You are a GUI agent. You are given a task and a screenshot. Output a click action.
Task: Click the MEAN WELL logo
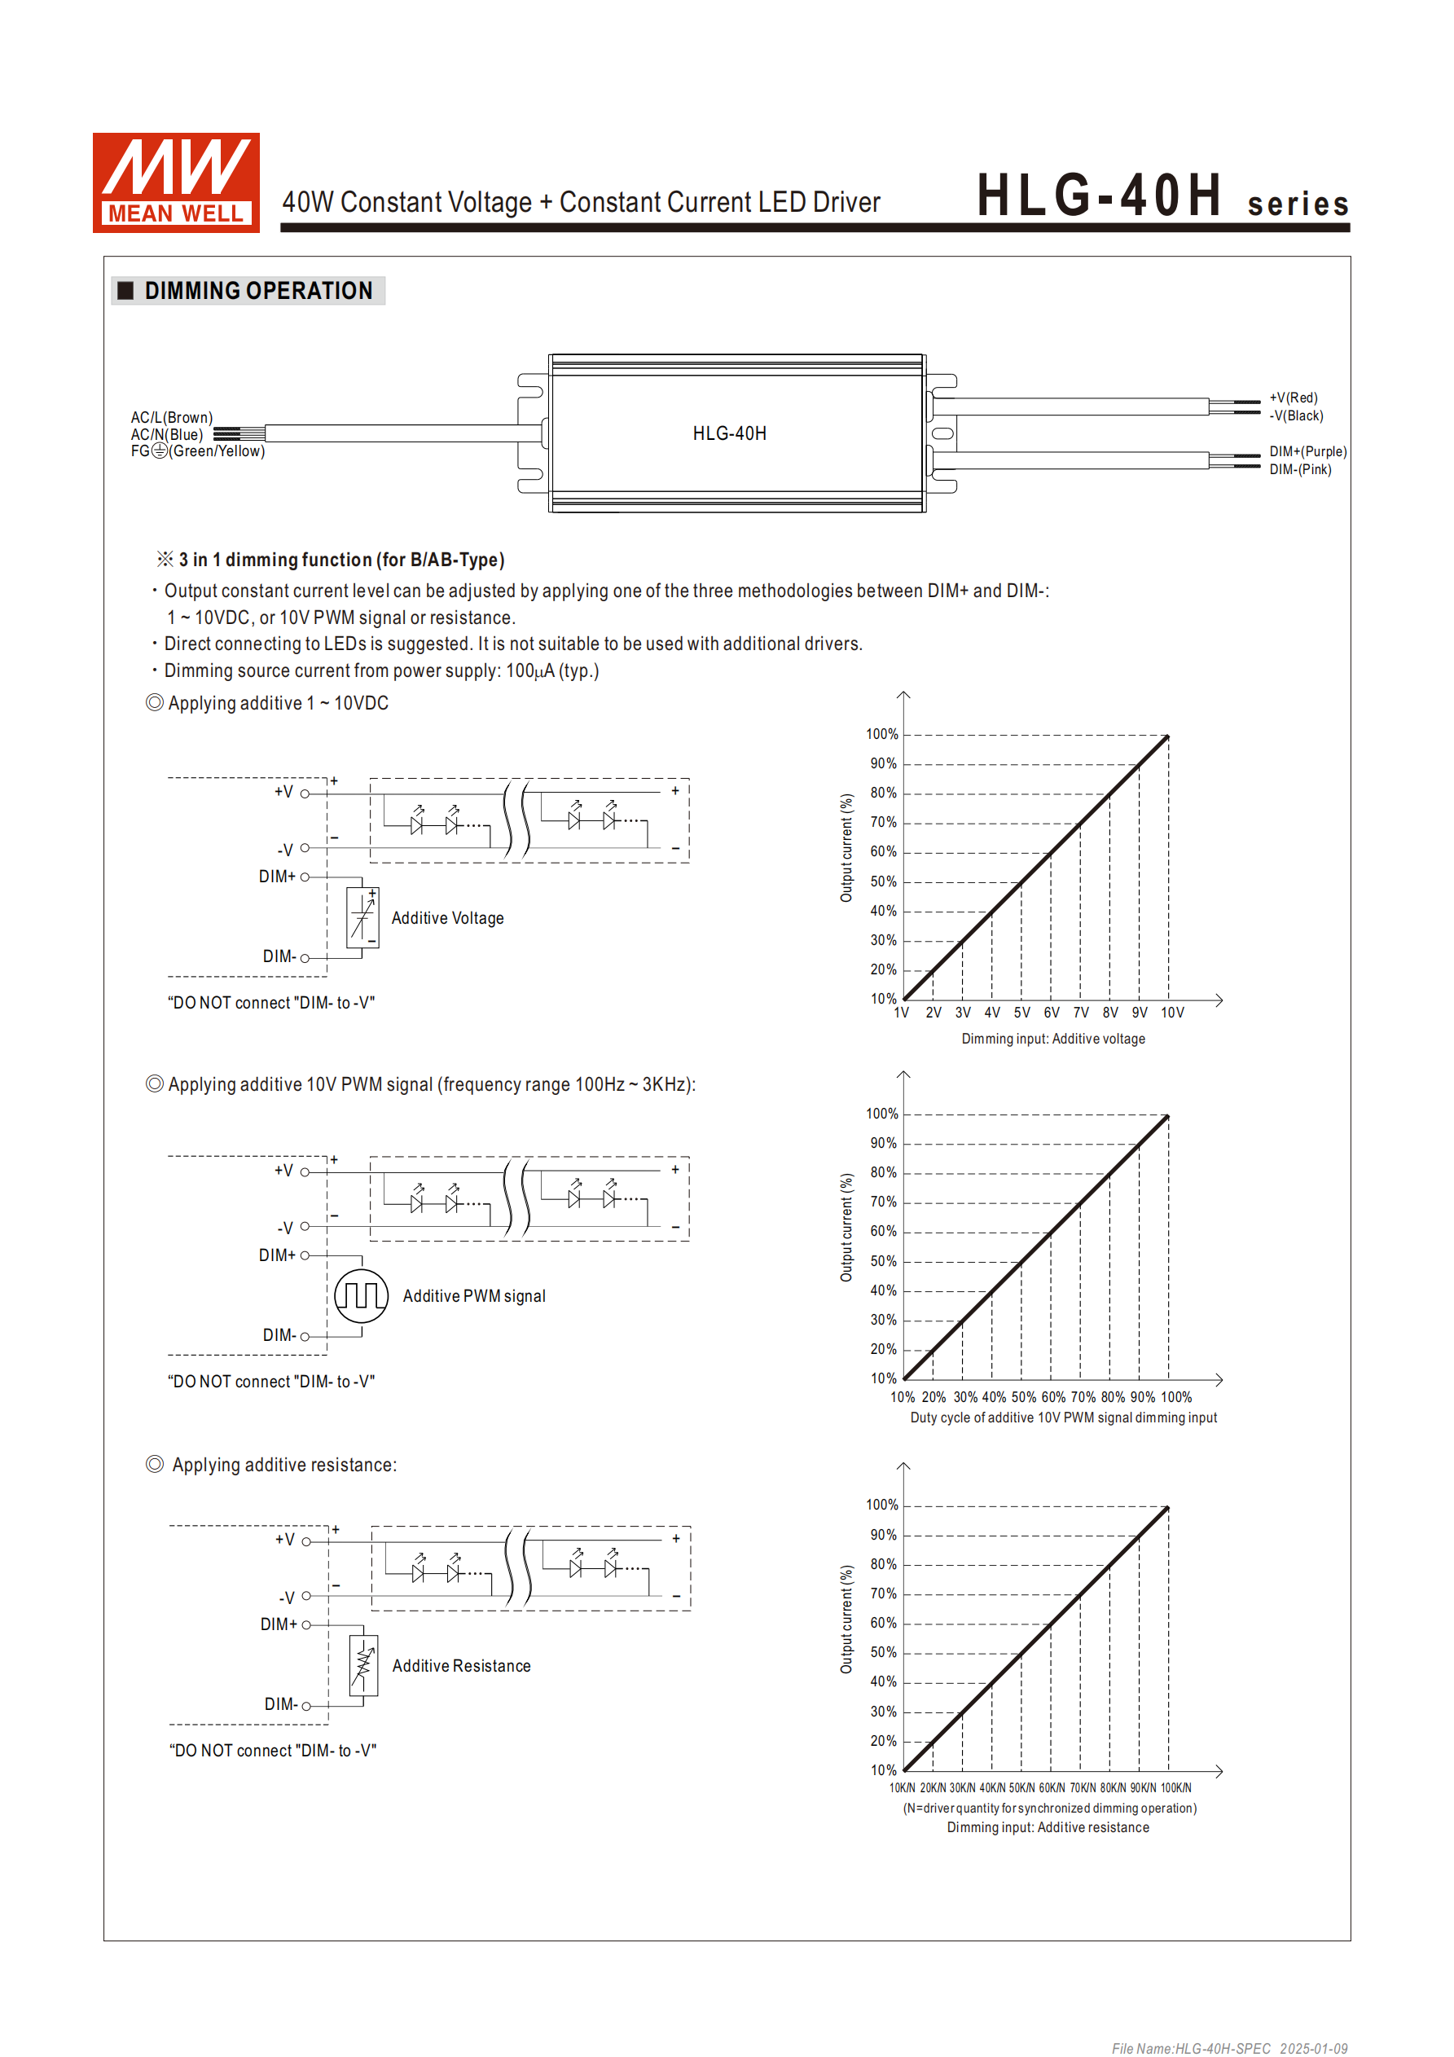point(176,182)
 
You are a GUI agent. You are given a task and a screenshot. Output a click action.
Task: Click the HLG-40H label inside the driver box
point(729,433)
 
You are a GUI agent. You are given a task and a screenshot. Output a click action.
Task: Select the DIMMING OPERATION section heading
point(258,291)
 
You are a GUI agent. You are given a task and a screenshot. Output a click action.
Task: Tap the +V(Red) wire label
point(1293,398)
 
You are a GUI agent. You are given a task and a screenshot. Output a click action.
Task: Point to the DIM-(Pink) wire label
point(1299,469)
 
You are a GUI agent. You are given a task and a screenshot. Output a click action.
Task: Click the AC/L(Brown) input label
point(171,417)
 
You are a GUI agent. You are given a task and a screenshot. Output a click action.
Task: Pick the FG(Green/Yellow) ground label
point(198,451)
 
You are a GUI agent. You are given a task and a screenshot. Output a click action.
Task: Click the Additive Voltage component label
point(447,918)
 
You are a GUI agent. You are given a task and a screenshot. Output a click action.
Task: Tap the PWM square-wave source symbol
point(361,1295)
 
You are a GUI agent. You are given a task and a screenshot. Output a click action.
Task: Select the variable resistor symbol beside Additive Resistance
point(362,1665)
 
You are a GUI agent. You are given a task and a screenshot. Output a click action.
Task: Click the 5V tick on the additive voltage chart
point(1021,1013)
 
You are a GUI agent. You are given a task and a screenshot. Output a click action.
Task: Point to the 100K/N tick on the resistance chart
point(1175,1788)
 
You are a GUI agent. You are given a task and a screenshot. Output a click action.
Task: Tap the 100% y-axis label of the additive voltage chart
point(881,735)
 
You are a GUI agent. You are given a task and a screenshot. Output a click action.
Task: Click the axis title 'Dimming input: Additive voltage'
point(1052,1039)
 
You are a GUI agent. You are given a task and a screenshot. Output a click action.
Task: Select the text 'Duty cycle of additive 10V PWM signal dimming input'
point(1063,1418)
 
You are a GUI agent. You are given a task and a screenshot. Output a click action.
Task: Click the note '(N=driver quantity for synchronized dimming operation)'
point(1049,1809)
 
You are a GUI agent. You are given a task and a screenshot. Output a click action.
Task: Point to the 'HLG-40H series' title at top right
point(1162,196)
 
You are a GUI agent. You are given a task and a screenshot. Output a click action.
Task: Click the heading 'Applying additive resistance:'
point(284,1465)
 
